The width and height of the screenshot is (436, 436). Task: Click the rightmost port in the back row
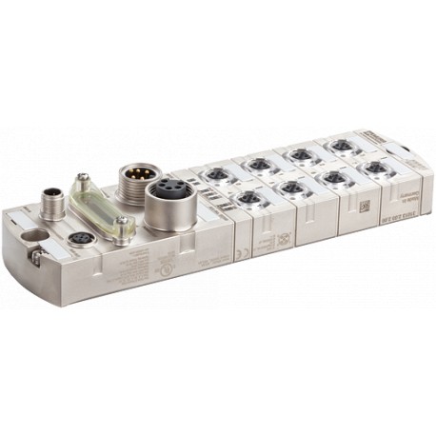click(x=339, y=146)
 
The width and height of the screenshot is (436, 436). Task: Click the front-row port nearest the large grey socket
click(x=248, y=198)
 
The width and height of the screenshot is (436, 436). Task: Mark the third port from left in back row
click(x=300, y=155)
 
